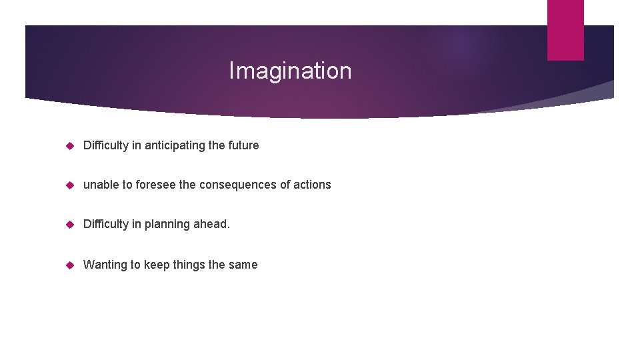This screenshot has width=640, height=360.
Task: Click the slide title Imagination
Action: coord(290,71)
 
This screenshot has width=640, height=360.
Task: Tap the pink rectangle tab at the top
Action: coord(565,29)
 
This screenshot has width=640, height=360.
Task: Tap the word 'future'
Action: coord(243,145)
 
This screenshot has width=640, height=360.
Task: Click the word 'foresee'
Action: coord(156,185)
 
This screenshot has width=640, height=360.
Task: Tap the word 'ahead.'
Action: coord(211,224)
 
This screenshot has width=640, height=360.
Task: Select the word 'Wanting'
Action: coord(105,265)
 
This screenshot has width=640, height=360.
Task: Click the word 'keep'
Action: coord(157,265)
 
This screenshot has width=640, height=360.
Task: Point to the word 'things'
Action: coord(189,265)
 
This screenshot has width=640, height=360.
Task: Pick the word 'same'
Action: coord(243,265)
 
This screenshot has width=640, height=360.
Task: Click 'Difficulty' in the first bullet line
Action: coord(106,145)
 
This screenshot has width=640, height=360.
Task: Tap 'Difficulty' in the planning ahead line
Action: coord(106,224)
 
